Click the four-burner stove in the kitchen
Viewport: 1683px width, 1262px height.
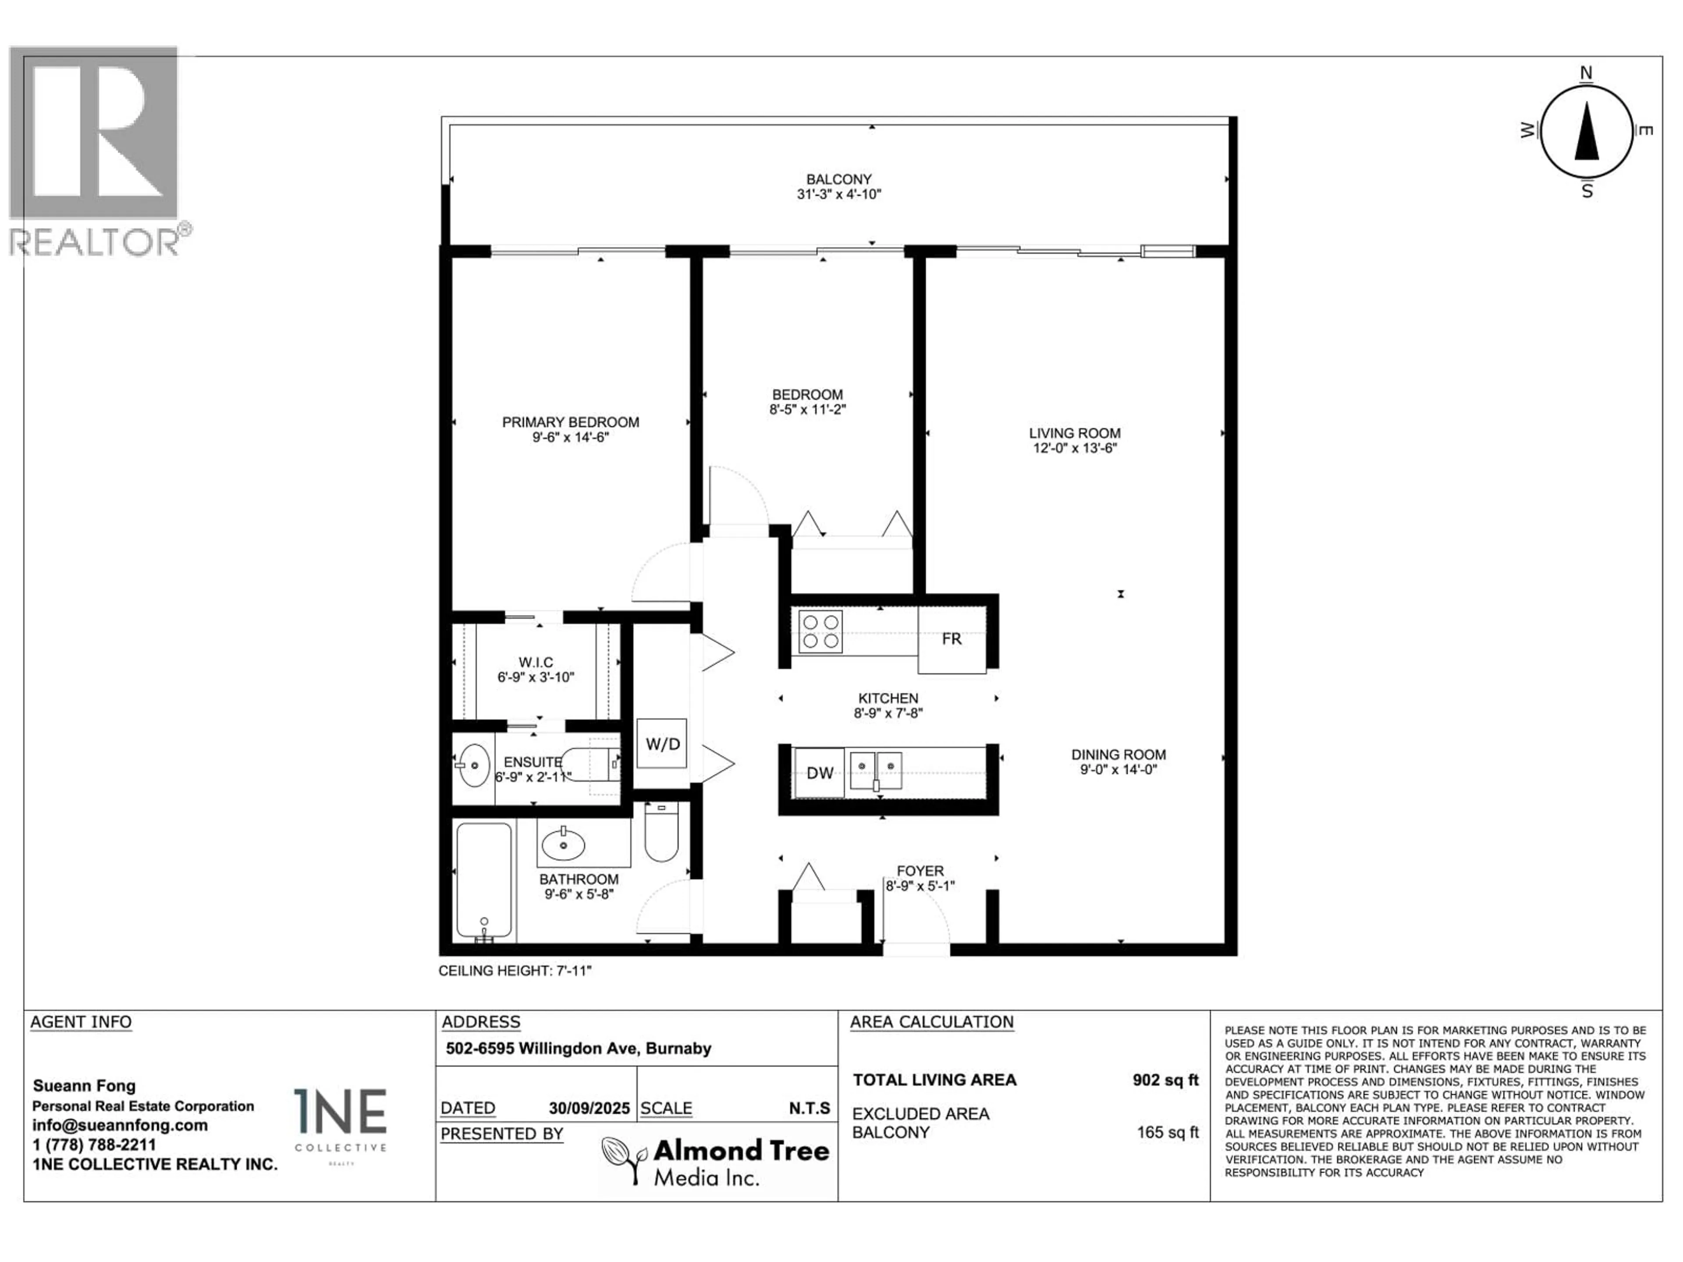point(820,631)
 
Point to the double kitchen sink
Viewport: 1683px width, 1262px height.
point(876,771)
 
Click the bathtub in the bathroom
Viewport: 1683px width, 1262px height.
point(484,881)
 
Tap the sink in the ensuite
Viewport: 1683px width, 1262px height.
point(475,765)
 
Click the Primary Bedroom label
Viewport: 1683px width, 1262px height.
point(571,422)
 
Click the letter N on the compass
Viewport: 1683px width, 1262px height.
point(1587,73)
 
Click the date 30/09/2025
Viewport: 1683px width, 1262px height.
point(589,1108)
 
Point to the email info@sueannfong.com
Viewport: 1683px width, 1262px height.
point(120,1125)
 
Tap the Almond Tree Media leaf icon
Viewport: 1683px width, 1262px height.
point(624,1159)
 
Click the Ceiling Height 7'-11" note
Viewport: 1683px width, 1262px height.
point(515,971)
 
